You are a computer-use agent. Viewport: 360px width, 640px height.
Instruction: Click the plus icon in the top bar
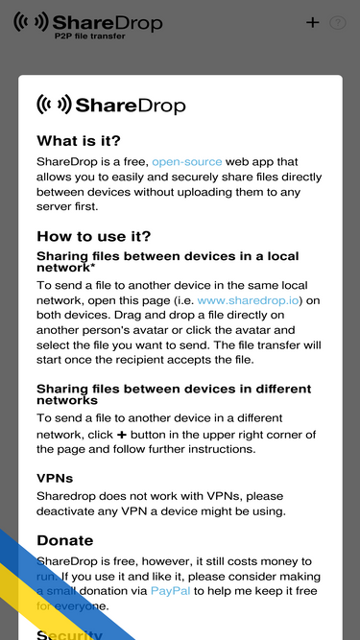(312, 22)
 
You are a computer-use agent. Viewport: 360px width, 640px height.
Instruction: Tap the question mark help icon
(337, 23)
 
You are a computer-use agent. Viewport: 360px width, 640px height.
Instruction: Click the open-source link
(186, 162)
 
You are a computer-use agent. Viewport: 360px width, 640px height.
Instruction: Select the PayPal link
(171, 591)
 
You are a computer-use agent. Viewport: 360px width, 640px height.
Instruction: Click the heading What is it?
(79, 140)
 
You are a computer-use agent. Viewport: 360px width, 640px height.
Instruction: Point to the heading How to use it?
(94, 237)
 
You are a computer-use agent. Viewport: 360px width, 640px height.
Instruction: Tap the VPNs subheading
(55, 477)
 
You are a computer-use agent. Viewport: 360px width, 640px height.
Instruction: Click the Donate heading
(64, 540)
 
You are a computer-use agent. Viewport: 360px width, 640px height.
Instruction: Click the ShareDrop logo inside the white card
(110, 105)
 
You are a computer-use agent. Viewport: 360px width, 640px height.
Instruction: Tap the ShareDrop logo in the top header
(87, 22)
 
